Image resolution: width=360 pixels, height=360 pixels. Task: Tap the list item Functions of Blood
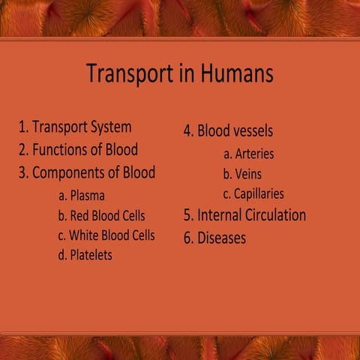(x=85, y=149)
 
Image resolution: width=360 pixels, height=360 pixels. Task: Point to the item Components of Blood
(x=93, y=172)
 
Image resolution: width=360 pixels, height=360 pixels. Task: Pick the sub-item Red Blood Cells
(x=101, y=216)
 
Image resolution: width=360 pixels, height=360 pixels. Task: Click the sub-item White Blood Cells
(x=106, y=235)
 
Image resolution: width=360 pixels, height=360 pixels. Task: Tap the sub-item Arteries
(x=248, y=154)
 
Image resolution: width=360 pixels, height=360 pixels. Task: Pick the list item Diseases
(x=221, y=238)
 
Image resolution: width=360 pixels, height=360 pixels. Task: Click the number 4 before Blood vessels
(x=187, y=130)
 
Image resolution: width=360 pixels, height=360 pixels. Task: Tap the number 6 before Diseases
(x=187, y=238)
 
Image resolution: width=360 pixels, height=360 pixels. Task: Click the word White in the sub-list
(x=85, y=235)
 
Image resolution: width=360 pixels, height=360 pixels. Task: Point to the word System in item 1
(x=110, y=127)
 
